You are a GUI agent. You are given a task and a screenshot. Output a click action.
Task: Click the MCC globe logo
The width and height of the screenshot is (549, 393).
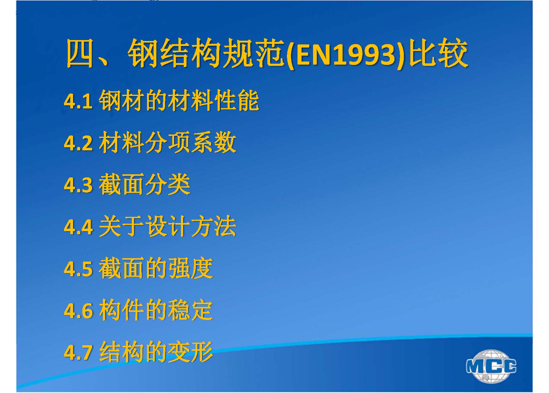(491, 366)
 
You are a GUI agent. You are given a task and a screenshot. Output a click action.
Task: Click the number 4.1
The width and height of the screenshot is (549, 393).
(78, 101)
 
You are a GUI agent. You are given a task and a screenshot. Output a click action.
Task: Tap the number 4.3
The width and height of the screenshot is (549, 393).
(78, 185)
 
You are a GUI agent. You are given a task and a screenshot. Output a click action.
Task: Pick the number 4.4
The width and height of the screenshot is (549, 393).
(78, 227)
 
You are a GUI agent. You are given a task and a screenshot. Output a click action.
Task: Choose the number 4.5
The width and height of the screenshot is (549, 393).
(78, 269)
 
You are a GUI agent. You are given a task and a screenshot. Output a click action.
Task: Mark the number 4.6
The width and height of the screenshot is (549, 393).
(78, 311)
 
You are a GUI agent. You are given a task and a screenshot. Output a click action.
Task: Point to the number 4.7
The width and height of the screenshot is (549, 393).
(78, 353)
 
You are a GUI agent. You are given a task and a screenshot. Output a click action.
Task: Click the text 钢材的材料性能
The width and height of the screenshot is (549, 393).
(179, 101)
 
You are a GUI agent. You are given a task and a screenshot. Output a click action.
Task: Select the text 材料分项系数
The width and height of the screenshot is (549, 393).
(168, 143)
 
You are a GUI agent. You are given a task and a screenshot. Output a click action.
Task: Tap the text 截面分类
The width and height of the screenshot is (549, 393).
(145, 185)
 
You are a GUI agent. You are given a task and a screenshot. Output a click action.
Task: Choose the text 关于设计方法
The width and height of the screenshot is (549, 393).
(168, 227)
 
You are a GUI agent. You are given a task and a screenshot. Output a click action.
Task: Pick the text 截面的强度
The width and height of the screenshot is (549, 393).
(156, 269)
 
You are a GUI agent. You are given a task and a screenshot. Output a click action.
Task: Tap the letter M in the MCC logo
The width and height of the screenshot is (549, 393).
(476, 366)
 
